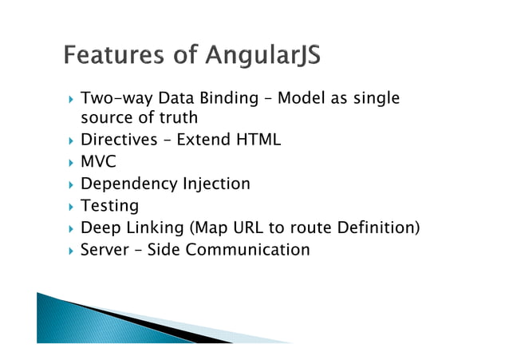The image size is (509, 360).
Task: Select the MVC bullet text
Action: point(98,162)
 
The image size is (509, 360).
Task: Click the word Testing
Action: point(109,207)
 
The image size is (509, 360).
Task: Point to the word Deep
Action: point(99,228)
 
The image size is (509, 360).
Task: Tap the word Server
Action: point(105,250)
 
